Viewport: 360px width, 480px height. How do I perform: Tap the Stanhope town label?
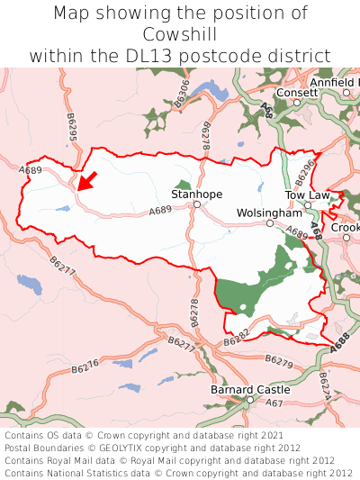(x=196, y=194)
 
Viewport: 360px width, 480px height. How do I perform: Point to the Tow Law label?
(x=308, y=195)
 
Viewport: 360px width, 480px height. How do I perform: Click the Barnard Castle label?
(x=250, y=389)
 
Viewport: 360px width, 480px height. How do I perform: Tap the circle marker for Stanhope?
(x=196, y=205)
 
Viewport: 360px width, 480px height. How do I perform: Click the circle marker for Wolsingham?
(x=269, y=222)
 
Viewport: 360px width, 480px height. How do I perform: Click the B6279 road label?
(x=279, y=360)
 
